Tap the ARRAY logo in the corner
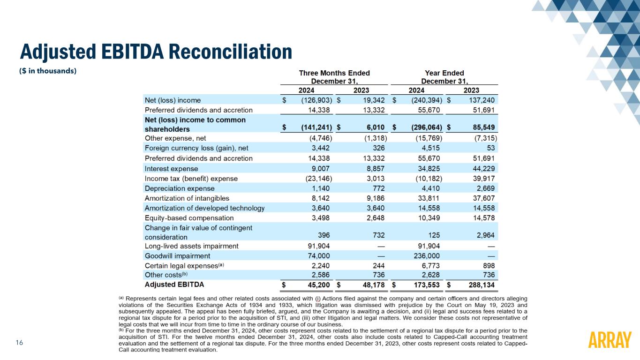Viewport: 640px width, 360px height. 609,340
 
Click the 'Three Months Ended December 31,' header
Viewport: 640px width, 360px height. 334,77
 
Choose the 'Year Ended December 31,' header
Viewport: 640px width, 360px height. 444,77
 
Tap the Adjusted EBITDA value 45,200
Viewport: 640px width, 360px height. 317,285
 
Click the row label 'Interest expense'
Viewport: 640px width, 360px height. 172,168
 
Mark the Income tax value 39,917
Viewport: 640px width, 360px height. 484,179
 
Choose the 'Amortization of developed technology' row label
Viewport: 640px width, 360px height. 204,208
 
